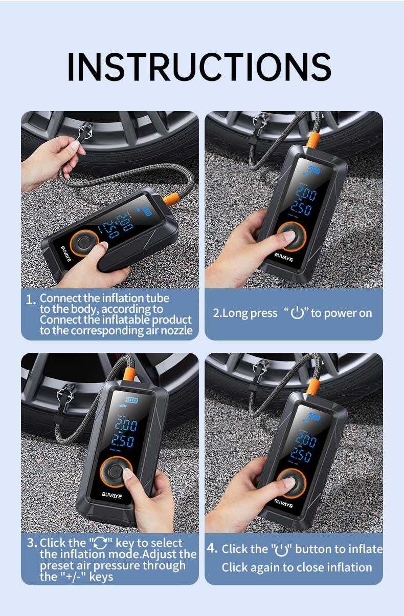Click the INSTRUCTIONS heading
(199, 67)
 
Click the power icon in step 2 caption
(297, 313)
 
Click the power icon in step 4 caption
(282, 550)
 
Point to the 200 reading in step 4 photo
(306, 440)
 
